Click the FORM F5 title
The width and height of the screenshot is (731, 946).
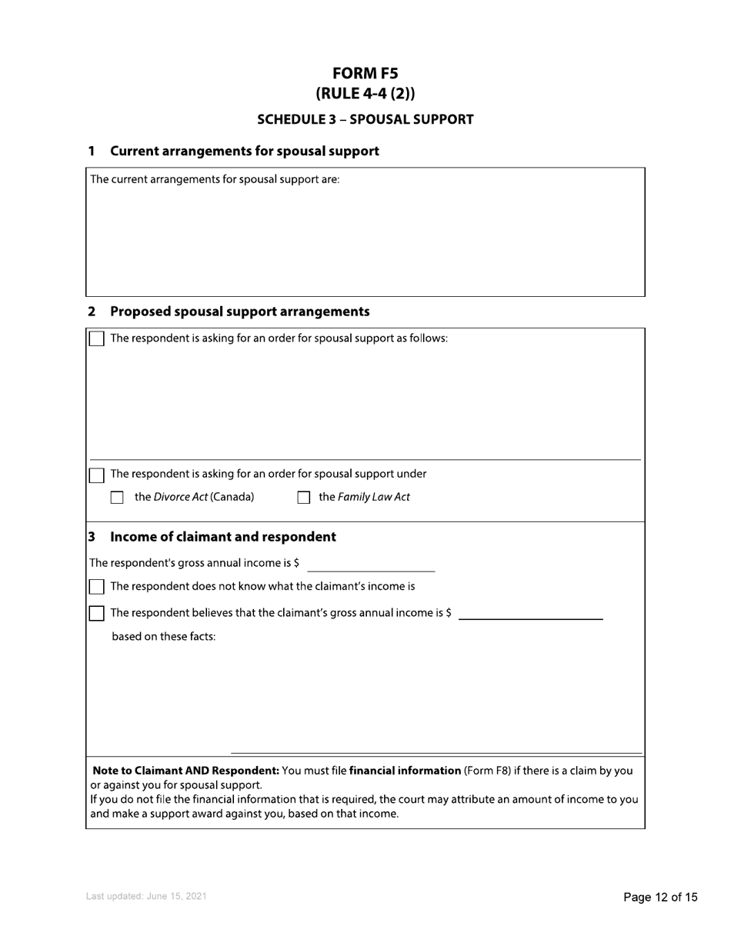(x=365, y=73)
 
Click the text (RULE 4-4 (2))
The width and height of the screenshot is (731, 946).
(x=365, y=94)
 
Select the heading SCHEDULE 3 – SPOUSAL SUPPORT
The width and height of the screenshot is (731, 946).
(x=365, y=119)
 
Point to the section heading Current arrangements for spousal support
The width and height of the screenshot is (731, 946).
(x=244, y=151)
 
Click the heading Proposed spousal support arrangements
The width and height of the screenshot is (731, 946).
(x=239, y=311)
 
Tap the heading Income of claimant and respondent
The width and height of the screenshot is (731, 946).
(x=222, y=537)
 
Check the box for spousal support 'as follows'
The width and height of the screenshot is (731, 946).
(x=97, y=339)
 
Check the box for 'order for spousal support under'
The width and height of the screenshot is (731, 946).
(x=97, y=475)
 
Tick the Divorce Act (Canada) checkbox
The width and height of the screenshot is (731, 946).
(x=117, y=498)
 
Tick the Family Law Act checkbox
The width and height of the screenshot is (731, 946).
(x=303, y=498)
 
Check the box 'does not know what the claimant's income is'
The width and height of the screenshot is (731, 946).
(x=97, y=587)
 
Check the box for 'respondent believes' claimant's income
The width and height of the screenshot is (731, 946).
(x=97, y=613)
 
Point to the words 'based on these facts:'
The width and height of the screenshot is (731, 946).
(x=164, y=637)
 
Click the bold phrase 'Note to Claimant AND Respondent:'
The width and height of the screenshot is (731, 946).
(x=185, y=770)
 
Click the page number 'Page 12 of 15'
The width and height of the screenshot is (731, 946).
(x=660, y=897)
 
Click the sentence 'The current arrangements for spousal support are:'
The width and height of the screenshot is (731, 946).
(x=215, y=180)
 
